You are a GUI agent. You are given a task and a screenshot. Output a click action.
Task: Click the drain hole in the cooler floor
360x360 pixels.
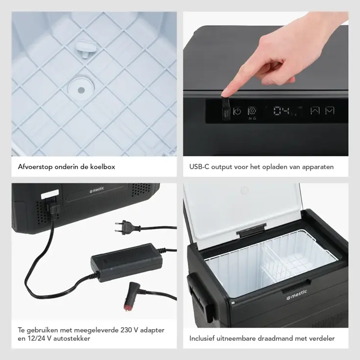click(81, 90)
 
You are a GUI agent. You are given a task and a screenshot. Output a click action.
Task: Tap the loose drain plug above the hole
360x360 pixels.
click(86, 48)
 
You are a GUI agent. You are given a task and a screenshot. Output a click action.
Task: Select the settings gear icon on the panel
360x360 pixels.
click(252, 111)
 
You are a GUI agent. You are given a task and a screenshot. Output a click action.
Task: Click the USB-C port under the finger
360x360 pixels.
click(226, 113)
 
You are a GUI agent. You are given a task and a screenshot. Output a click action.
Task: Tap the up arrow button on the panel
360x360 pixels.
click(315, 111)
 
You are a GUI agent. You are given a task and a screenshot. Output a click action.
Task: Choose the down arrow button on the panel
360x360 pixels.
click(330, 111)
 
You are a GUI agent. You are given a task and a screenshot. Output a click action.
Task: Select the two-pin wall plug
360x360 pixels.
click(128, 227)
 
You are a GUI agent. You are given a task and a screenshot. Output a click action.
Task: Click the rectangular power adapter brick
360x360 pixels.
click(127, 262)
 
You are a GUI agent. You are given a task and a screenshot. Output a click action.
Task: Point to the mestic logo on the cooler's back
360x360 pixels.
click(96, 190)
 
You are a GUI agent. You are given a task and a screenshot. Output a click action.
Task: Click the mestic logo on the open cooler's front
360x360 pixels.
click(297, 295)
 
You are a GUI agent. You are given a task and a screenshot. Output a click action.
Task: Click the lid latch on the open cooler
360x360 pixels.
click(251, 231)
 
